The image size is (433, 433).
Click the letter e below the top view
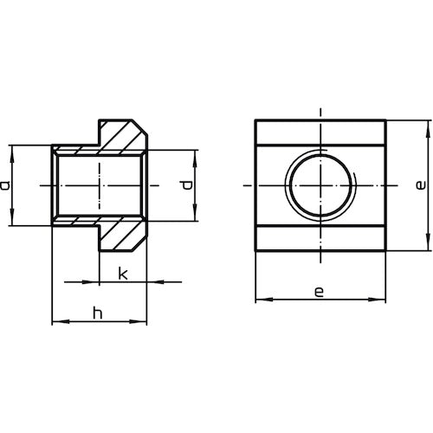[x=319, y=293]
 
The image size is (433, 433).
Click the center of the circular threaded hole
[x=320, y=186]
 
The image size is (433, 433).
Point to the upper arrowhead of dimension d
[x=196, y=153]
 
